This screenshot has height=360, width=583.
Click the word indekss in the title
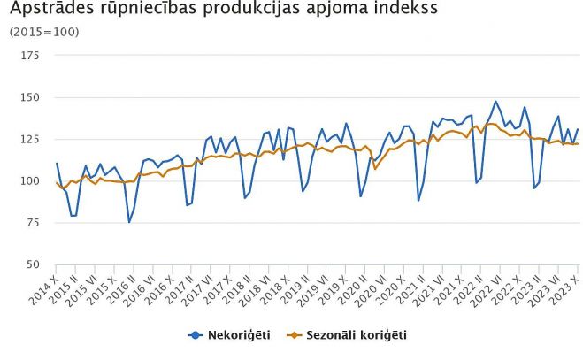[403, 11]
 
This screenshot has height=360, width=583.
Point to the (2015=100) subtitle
[44, 32]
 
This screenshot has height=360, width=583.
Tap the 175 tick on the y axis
[30, 56]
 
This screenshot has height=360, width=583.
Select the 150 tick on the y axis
[30, 97]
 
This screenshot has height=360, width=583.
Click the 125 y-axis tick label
[30, 139]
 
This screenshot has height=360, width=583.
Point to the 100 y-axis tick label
[30, 181]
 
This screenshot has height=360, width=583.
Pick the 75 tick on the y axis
[33, 223]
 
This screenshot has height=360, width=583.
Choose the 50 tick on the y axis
[33, 264]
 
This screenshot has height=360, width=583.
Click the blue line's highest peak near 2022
[495, 102]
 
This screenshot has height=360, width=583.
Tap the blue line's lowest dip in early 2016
[129, 221]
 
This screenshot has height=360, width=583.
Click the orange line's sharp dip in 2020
[375, 168]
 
